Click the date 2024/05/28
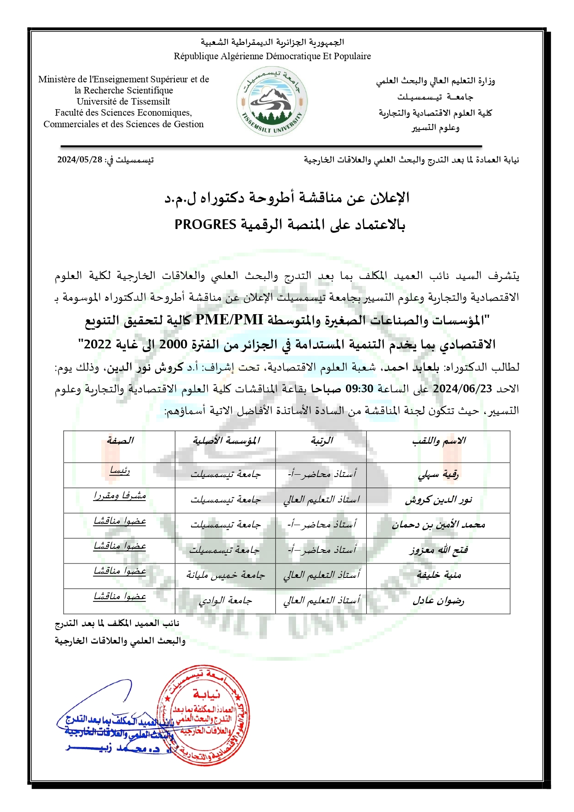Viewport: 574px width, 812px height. pyautogui.click(x=80, y=160)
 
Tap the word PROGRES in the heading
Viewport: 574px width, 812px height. pyautogui.click(x=205, y=224)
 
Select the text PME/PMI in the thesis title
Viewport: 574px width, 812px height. pyautogui.click(x=229, y=320)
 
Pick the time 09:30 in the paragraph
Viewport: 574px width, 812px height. pyautogui.click(x=359, y=389)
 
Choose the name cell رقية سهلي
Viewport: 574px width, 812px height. pyautogui.click(x=438, y=475)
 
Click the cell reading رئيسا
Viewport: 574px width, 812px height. pyautogui.click(x=120, y=471)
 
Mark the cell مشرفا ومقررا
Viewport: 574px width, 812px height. pyautogui.click(x=120, y=496)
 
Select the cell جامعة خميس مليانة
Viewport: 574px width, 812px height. pyautogui.click(x=226, y=575)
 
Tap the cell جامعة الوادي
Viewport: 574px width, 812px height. pyautogui.click(x=226, y=601)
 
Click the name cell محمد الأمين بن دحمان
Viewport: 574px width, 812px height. pyautogui.click(x=438, y=525)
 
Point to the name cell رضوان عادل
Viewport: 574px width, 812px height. pyautogui.click(x=438, y=601)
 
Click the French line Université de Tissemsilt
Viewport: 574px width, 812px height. pyautogui.click(x=123, y=101)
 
